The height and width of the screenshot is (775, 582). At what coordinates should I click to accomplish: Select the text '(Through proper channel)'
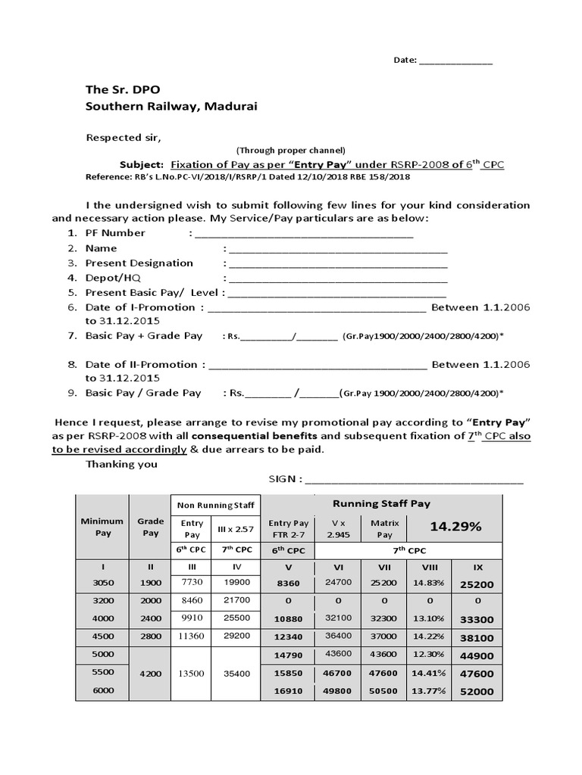pyautogui.click(x=291, y=150)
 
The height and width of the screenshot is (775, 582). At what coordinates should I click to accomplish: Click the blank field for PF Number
pyautogui.click(x=303, y=234)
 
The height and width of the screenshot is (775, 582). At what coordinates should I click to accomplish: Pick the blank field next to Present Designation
pyautogui.click(x=337, y=263)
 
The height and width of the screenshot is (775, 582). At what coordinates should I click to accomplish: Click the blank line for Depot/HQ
pyautogui.click(x=337, y=279)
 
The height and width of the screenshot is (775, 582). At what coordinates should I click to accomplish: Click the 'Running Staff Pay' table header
pyautogui.click(x=381, y=503)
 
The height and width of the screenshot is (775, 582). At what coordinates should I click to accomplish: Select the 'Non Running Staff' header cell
pyautogui.click(x=216, y=506)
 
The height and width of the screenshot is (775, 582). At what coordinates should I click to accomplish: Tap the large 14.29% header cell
pyautogui.click(x=455, y=527)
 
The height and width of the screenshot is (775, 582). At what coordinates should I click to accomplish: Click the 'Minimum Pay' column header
pyautogui.click(x=102, y=527)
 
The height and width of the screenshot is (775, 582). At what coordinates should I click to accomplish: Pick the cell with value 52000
pyautogui.click(x=476, y=692)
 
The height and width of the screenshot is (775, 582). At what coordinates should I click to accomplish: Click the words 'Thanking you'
pyautogui.click(x=121, y=464)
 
